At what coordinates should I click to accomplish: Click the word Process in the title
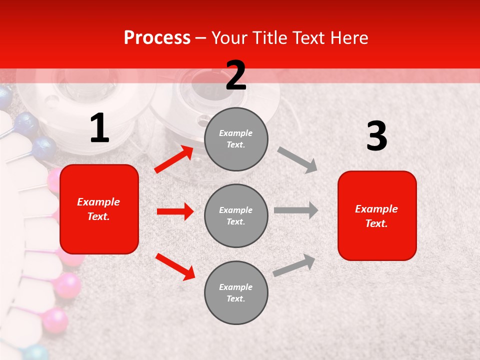click(x=157, y=38)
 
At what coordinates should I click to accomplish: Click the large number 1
click(x=99, y=128)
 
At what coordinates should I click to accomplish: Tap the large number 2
click(x=236, y=75)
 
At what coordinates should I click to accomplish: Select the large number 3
click(x=376, y=136)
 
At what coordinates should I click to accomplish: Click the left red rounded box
click(x=99, y=209)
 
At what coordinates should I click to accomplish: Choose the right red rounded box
click(x=377, y=215)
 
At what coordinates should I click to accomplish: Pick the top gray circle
click(x=236, y=139)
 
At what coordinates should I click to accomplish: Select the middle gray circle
click(x=236, y=215)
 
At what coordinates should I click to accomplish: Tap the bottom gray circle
click(x=236, y=292)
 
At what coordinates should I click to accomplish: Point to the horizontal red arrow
click(x=175, y=211)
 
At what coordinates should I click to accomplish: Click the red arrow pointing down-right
click(x=175, y=266)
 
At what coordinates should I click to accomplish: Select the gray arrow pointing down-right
click(x=297, y=159)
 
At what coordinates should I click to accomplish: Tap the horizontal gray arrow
click(x=296, y=210)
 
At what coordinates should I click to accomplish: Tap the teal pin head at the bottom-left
click(x=35, y=352)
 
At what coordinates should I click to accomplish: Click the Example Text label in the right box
click(x=376, y=216)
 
